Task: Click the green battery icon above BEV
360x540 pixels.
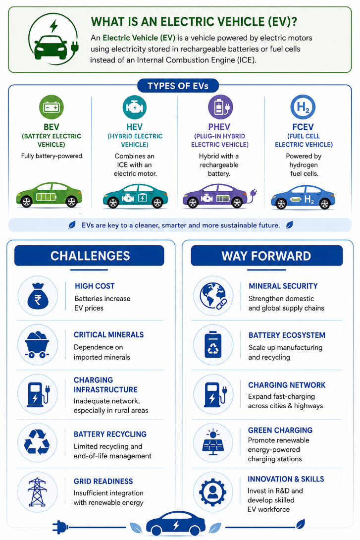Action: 51,107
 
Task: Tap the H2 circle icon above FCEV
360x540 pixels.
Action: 303,107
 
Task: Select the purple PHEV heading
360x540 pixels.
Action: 219,127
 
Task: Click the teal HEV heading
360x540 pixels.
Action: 134,127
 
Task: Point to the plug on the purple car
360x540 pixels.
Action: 254,193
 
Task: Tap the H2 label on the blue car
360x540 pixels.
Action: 309,199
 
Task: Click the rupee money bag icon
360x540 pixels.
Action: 38,296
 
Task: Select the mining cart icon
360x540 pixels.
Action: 37,345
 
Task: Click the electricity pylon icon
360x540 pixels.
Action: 37,491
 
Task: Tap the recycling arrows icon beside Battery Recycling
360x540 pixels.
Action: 37,442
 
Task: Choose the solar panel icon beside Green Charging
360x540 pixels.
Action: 213,442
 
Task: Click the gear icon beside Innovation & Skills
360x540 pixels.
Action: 213,491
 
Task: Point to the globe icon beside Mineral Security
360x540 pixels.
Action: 213,296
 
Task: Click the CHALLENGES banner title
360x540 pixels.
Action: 90,256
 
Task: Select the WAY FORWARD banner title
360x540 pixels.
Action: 266,256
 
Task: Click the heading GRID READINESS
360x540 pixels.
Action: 103,481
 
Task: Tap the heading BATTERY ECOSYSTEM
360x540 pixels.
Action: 287,335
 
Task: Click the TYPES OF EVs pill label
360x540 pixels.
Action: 178,86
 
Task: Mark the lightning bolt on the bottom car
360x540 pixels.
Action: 176,525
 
